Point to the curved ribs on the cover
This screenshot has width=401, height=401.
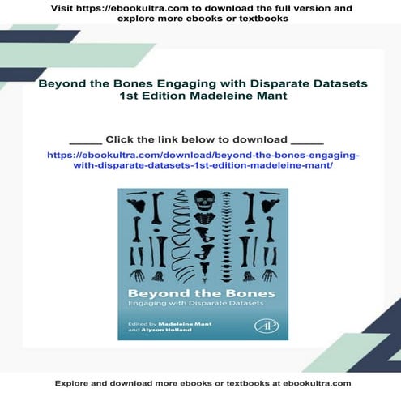click(x=180, y=243)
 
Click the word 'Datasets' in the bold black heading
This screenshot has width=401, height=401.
click(x=335, y=83)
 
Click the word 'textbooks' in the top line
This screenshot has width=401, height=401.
click(x=264, y=19)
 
